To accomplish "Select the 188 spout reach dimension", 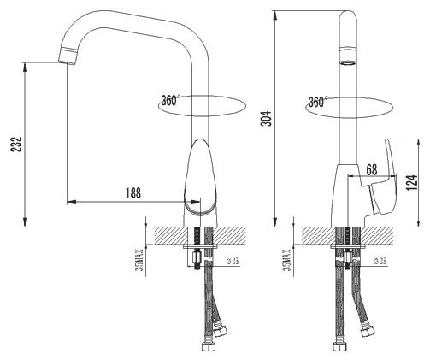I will pyautogui.click(x=133, y=193).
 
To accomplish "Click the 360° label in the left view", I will pyautogui.click(x=169, y=100).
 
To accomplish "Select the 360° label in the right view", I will pyautogui.click(x=317, y=101).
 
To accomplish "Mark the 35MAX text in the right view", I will pyautogui.click(x=288, y=257).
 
